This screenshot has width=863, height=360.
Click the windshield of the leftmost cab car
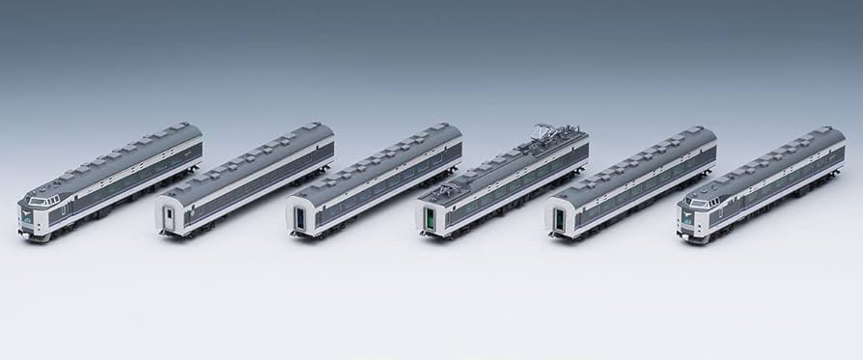point(41,202)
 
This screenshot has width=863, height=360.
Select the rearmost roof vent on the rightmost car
point(828,130)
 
